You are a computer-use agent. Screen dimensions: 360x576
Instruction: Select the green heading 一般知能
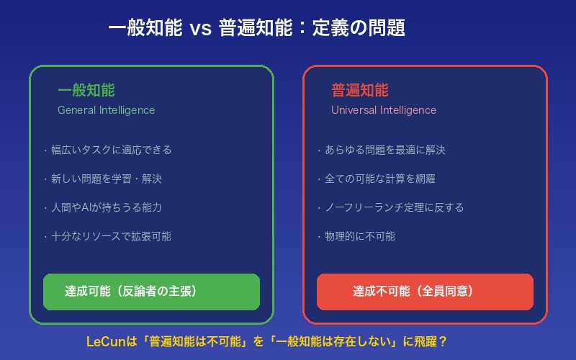pyautogui.click(x=86, y=91)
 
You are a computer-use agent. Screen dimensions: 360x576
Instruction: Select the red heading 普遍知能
pyautogui.click(x=359, y=91)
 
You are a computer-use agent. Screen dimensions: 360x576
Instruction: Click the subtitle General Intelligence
pyautogui.click(x=106, y=110)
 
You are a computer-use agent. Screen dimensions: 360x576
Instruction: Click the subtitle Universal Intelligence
pyautogui.click(x=383, y=110)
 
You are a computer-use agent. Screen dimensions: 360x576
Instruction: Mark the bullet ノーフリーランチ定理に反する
pyautogui.click(x=391, y=207)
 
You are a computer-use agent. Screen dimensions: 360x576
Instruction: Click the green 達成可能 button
pyautogui.click(x=151, y=292)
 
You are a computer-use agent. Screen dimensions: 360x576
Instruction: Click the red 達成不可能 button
pyautogui.click(x=425, y=292)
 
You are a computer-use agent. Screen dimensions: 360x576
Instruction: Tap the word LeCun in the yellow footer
pyautogui.click(x=103, y=341)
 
